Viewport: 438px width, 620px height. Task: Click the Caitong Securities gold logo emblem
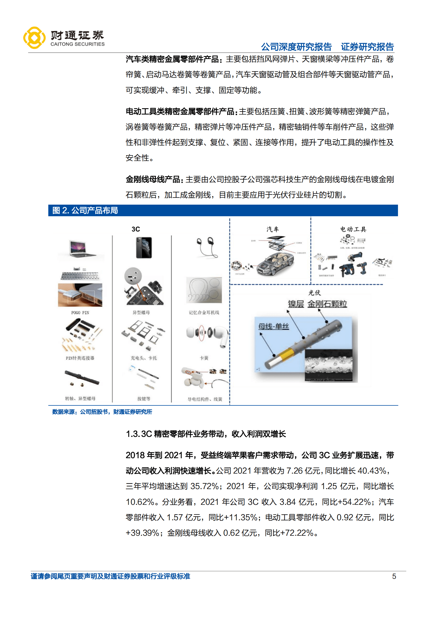(x=34, y=38)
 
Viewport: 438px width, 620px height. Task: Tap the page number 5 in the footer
(x=394, y=576)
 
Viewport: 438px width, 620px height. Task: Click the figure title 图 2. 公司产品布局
(x=85, y=210)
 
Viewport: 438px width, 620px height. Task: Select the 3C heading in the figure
(x=136, y=229)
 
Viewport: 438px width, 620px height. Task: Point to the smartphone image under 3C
(x=144, y=247)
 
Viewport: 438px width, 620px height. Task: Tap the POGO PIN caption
(x=80, y=313)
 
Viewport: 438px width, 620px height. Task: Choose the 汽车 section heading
(x=272, y=229)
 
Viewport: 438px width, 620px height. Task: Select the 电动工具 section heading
(x=353, y=229)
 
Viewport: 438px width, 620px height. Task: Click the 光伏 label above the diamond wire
(x=314, y=293)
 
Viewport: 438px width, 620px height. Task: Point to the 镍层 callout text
(x=296, y=304)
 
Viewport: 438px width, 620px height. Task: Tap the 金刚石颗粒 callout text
(x=327, y=304)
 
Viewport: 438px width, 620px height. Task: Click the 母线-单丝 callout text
(x=273, y=326)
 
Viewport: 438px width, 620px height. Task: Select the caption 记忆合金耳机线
(x=204, y=313)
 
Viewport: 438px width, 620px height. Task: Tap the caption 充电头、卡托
(x=144, y=358)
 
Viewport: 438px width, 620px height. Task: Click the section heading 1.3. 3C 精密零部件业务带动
(x=206, y=434)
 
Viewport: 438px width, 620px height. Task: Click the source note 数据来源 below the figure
(x=102, y=412)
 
